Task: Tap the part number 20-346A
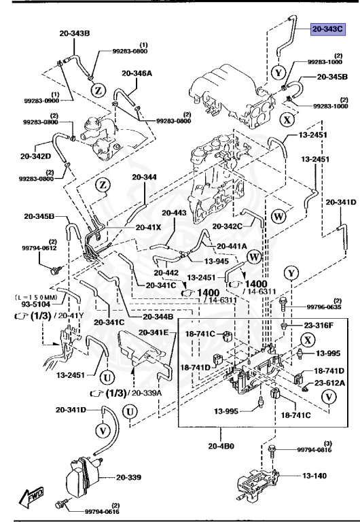137,73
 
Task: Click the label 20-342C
227,226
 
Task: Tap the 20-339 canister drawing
82,477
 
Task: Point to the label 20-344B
158,317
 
